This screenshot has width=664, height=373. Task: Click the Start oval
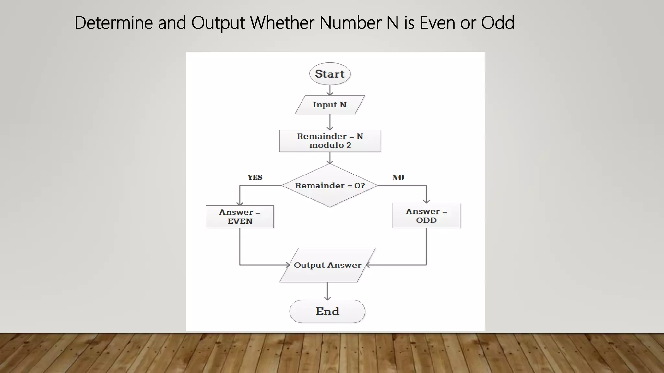coord(330,74)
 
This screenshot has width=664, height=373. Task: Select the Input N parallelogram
coord(330,105)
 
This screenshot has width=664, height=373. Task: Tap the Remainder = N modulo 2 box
coord(330,141)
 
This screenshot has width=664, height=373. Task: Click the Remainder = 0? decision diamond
coord(330,186)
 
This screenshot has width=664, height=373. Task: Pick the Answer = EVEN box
coord(240,217)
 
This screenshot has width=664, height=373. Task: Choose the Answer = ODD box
coord(426,216)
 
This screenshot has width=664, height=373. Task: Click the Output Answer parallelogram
coord(327,265)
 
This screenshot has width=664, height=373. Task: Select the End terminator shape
coord(327,311)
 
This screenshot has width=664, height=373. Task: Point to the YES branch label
coord(255,177)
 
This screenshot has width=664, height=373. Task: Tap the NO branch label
coord(398,177)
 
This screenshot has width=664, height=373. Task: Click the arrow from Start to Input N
coord(330,90)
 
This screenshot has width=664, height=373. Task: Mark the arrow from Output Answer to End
coord(327,291)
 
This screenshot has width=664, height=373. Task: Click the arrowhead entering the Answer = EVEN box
coord(240,203)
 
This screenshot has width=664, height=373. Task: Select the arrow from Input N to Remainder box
coord(330,122)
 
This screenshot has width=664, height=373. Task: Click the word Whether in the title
coord(282,23)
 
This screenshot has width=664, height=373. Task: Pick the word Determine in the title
coord(113,23)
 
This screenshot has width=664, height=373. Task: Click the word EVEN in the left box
coord(240,221)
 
